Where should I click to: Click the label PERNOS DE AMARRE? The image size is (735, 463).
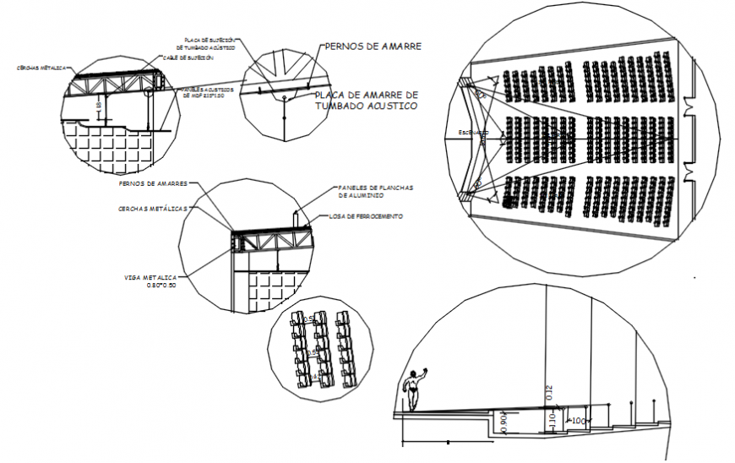pos(373,46)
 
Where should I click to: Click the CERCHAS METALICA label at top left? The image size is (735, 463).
pos(43,68)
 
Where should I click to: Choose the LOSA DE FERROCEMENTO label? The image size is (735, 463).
pos(365,217)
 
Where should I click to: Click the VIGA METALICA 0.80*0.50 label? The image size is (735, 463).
pos(151,281)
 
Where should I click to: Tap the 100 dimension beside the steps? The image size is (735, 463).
pos(579,420)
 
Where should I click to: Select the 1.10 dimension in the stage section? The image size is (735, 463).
pos(553,418)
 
